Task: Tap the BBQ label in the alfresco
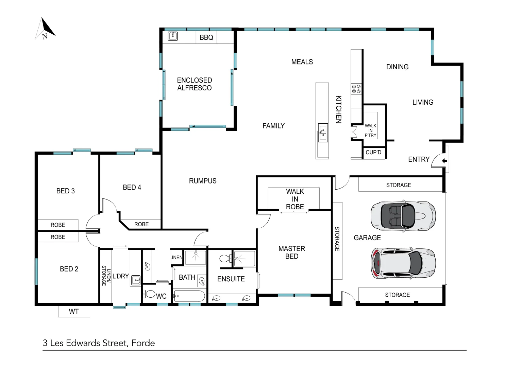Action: (206, 37)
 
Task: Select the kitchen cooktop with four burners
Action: (356, 89)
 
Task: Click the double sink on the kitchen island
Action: (323, 133)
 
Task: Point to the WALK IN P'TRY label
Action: (370, 130)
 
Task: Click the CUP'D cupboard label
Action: (373, 153)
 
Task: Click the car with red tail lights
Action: (403, 262)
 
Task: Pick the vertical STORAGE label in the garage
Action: (337, 239)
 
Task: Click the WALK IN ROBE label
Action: (295, 199)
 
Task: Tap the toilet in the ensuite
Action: (225, 259)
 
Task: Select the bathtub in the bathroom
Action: (189, 296)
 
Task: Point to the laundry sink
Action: (136, 281)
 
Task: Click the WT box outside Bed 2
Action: (74, 312)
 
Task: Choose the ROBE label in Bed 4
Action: (141, 224)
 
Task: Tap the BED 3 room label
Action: (65, 191)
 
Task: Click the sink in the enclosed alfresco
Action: (172, 36)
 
